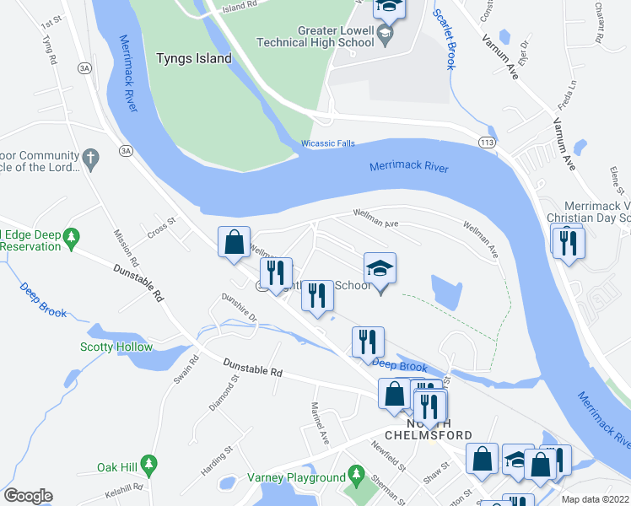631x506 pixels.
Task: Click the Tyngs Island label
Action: click(x=194, y=58)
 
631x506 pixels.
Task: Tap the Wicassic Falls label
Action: click(x=329, y=144)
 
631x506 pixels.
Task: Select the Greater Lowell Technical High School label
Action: click(x=336, y=36)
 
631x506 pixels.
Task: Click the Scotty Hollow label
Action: click(x=116, y=347)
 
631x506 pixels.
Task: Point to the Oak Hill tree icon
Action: click(x=149, y=463)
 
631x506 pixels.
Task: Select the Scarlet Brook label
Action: click(x=441, y=38)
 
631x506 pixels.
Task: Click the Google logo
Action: click(x=28, y=496)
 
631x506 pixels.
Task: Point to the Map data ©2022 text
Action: click(x=596, y=499)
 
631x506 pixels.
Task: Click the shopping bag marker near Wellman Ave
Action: click(x=235, y=242)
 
